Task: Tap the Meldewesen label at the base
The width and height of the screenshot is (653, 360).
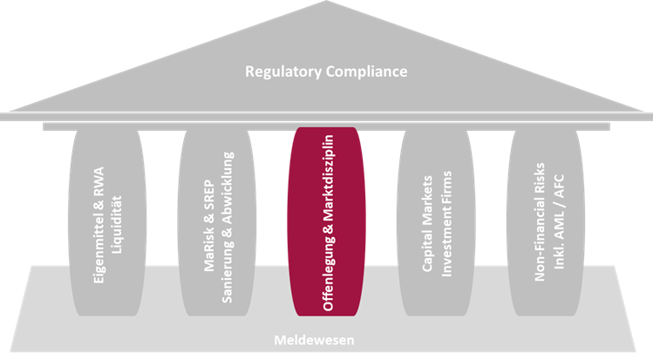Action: (326, 340)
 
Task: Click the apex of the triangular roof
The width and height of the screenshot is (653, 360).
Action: (326, 5)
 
